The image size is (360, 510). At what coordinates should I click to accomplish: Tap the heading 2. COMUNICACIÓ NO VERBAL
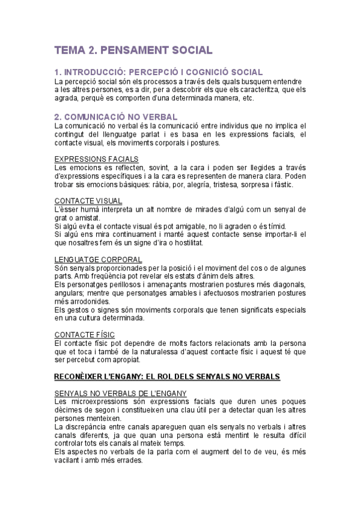[115, 116]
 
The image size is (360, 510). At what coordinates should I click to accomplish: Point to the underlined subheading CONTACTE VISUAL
[88, 200]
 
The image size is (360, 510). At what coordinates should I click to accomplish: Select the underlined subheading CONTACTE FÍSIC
[84, 334]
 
